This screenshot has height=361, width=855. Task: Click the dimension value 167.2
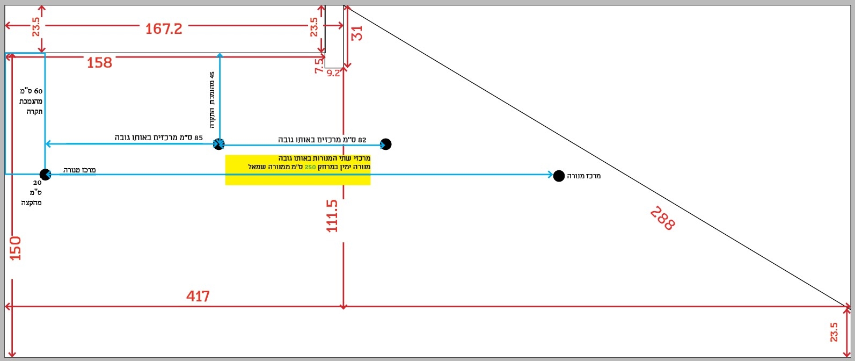pos(164,28)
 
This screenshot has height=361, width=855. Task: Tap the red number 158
pos(99,63)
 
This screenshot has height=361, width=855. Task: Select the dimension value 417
pos(198,297)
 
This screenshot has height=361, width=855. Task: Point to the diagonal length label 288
pos(663,218)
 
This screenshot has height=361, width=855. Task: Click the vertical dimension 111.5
pos(332,216)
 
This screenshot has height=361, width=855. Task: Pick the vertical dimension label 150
pos(15,248)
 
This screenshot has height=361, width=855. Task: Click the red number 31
pos(356,34)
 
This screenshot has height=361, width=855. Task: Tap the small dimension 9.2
pos(333,74)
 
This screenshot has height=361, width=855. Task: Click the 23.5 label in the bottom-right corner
pos(834,332)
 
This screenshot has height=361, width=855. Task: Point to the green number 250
pos(310,167)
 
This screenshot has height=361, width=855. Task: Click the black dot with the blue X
pos(218,144)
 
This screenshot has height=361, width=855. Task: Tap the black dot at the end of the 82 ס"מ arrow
pos(386,144)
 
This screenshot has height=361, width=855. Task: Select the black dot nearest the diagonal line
pos(559,176)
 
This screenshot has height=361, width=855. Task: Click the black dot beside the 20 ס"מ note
pos(45,175)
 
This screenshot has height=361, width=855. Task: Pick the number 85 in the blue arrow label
pos(199,138)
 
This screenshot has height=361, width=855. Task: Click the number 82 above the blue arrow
pos(362,140)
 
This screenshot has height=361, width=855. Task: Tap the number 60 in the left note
pos(38,91)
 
